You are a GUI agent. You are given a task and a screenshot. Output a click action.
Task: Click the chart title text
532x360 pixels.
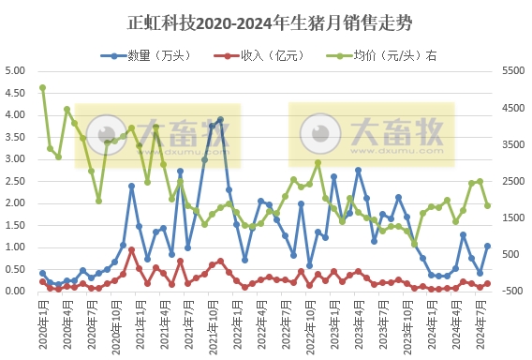pos(266,21)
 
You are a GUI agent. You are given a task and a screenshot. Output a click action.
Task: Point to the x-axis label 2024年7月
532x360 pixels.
pos(477,319)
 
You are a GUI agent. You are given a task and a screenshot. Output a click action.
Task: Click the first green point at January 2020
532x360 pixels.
pos(42,88)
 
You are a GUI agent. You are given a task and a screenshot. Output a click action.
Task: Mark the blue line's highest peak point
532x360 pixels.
pos(220,119)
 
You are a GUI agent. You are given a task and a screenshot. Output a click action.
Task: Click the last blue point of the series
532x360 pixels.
pos(488,246)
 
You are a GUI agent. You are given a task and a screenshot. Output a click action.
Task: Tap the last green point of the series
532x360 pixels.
pos(488,205)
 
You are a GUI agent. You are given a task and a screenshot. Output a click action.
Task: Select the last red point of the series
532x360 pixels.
pos(488,283)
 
